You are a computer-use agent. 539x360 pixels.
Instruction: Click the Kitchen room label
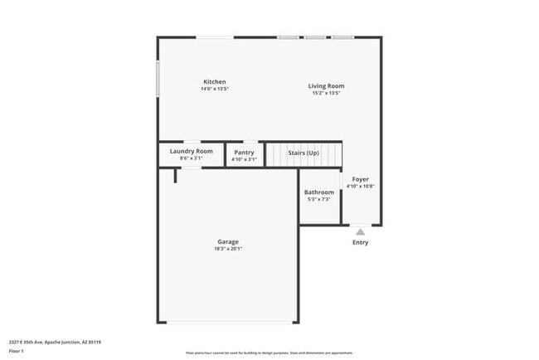pos(215,81)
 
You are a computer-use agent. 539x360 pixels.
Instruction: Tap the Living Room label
pos(326,85)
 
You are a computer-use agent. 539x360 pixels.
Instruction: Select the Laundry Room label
pos(192,151)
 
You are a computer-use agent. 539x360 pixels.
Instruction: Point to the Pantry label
pos(244,152)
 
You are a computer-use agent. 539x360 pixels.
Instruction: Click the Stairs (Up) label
pos(303,153)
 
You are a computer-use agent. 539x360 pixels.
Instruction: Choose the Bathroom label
pos(318,192)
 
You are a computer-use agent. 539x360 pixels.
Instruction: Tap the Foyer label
pos(360,179)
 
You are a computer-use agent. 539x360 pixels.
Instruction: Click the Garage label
pos(228,241)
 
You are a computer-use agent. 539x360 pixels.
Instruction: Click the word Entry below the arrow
pos(360,242)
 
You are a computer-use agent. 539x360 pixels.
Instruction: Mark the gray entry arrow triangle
pos(360,231)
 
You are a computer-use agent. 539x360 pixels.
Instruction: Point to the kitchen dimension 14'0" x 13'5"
pos(214,89)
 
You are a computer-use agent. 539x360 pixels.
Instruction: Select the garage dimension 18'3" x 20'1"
pos(228,249)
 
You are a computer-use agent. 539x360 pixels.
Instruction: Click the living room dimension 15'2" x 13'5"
pos(326,93)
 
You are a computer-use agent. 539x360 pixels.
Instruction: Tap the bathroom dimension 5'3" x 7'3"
pos(318,199)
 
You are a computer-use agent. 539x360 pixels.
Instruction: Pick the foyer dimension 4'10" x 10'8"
pos(360,187)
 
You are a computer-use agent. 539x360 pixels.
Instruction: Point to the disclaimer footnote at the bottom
pos(269,353)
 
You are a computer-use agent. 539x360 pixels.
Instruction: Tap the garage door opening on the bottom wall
pos(228,323)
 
